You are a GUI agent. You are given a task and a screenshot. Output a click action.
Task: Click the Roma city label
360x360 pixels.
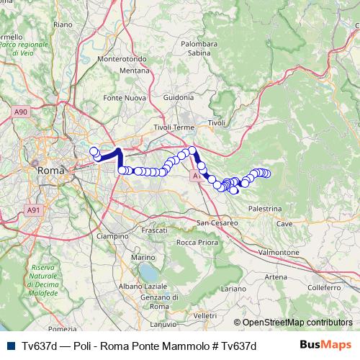pyautogui.click(x=50, y=171)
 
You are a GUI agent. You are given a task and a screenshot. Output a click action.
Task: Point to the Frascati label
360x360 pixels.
pyautogui.click(x=154, y=230)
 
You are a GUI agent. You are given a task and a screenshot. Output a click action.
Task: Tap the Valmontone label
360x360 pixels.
pyautogui.click(x=278, y=253)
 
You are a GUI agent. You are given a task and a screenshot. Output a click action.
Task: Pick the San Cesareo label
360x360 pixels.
pyautogui.click(x=218, y=223)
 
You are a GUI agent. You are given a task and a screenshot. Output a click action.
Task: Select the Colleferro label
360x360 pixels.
pyautogui.click(x=318, y=287)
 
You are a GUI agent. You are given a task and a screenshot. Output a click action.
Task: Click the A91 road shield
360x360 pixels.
pyautogui.click(x=33, y=210)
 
